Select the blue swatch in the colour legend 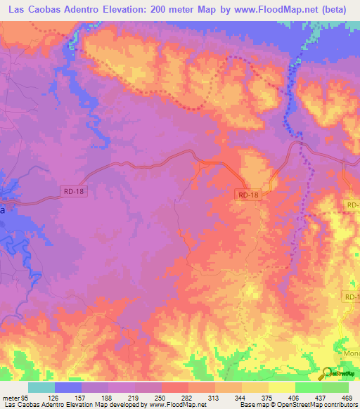pyautogui.click(x=68, y=387)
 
